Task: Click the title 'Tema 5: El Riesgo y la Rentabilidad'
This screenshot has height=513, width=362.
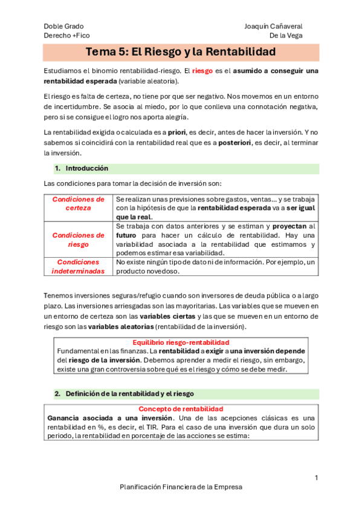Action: tap(181, 52)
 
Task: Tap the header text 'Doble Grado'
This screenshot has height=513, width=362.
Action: tap(64, 26)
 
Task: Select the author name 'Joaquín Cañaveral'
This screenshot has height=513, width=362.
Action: tap(273, 26)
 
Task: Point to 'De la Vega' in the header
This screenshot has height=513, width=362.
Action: tap(286, 36)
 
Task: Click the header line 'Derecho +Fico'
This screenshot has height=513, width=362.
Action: tap(66, 36)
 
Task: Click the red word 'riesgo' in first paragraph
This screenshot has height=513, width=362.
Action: tap(202, 71)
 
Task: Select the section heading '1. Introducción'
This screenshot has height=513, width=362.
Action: tap(81, 168)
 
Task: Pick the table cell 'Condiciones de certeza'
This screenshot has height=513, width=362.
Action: tap(79, 203)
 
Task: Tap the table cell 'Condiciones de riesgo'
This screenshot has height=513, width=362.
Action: tap(79, 240)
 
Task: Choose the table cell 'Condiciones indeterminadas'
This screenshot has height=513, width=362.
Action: tap(79, 266)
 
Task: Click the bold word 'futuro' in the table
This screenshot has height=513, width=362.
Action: tap(127, 235)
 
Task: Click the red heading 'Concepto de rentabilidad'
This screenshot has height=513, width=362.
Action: tap(181, 409)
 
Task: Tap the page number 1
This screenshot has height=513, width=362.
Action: tap(316, 478)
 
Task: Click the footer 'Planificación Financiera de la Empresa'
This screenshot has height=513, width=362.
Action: tap(181, 486)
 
